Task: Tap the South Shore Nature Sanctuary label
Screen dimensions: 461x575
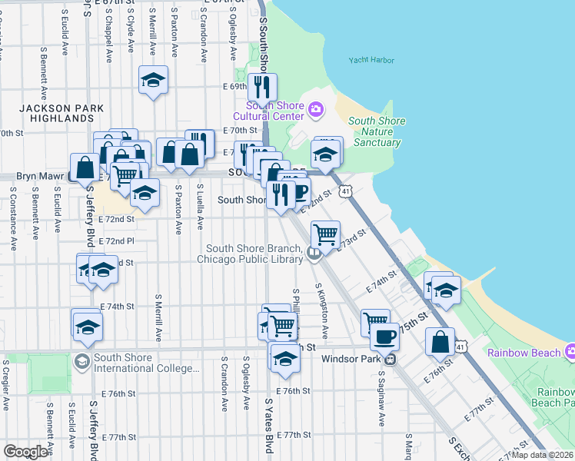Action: pos(377,131)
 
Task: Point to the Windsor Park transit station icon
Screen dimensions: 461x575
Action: pos(391,359)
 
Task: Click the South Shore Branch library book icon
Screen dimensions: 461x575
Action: pos(314,254)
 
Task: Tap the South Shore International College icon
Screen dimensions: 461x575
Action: pos(82,361)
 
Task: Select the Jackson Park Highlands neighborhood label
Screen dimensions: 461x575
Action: pos(58,114)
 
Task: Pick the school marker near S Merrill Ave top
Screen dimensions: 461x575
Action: pos(154,80)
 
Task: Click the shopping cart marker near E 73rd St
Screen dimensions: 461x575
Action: pos(326,234)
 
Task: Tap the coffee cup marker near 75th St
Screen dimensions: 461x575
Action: pos(385,336)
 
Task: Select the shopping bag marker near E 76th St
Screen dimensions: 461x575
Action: pos(441,342)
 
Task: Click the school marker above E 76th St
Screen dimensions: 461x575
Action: pos(285,359)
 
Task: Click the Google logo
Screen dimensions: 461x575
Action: pos(25,452)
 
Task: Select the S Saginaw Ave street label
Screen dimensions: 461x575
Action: pos(381,400)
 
